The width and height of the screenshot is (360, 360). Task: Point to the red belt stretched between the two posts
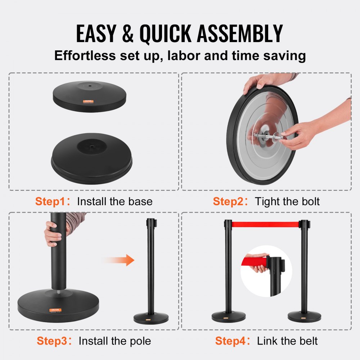pyautogui.click(x=265, y=224)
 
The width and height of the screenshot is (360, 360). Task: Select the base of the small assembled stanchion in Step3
pyautogui.click(x=151, y=318)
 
